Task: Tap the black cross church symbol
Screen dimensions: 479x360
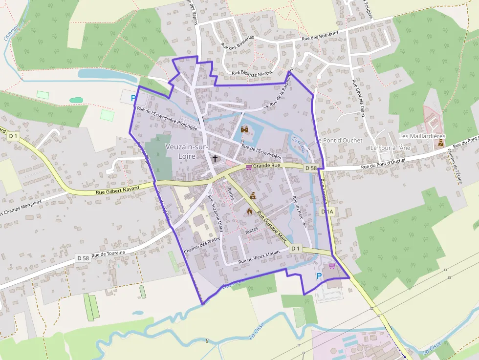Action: tap(215, 159)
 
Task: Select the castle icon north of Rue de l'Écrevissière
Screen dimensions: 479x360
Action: tap(244, 129)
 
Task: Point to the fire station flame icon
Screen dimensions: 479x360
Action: tap(250, 212)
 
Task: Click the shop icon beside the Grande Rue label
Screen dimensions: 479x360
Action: tap(249, 167)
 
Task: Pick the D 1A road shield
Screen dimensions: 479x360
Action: tap(327, 212)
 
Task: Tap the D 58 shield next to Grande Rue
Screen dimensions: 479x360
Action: tap(311, 168)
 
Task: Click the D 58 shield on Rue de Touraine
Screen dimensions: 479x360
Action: tap(83, 257)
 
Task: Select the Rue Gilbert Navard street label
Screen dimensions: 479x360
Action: tap(115, 190)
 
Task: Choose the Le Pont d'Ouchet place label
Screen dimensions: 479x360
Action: tap(339, 140)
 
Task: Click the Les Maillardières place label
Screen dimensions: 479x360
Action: tap(422, 135)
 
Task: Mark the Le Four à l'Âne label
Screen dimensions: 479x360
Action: tap(390, 148)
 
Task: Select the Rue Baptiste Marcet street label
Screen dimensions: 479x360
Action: tap(251, 73)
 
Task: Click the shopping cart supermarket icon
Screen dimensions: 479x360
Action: tap(332, 266)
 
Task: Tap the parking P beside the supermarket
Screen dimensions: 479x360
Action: tap(320, 276)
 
